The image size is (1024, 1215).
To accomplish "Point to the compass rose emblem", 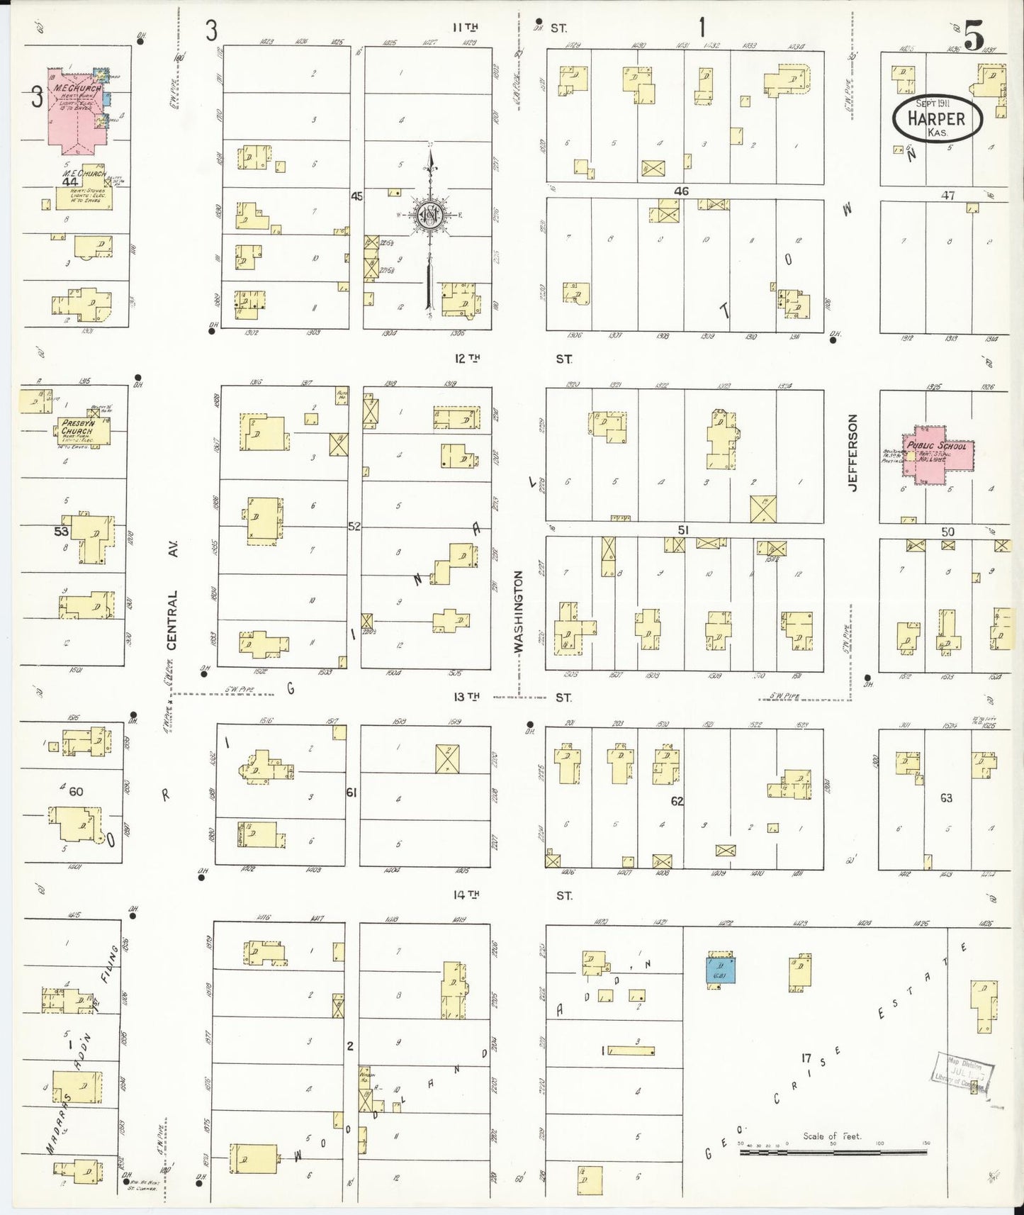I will [x=429, y=215].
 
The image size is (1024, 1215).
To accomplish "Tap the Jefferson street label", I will [x=853, y=453].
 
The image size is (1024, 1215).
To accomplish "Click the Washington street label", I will [x=518, y=611].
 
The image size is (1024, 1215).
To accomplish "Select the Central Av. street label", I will [x=172, y=595].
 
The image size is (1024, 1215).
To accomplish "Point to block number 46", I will [x=681, y=191].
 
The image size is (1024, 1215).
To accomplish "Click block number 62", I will [x=677, y=801].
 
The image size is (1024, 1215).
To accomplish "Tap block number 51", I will [x=682, y=530].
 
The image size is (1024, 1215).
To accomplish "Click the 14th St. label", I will [x=467, y=895].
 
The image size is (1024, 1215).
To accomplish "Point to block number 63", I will [x=946, y=797].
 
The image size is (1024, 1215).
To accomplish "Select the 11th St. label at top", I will [x=466, y=27].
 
